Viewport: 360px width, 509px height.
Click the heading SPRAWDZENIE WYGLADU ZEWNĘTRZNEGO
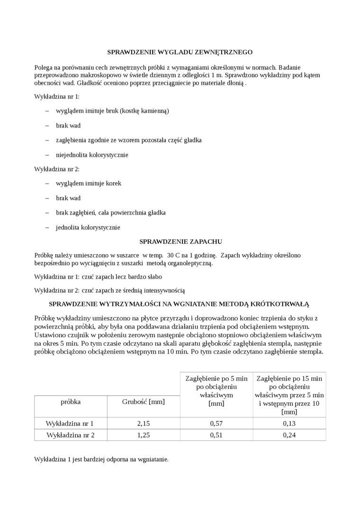click(x=180, y=52)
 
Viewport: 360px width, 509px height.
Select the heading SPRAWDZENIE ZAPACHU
click(x=180, y=241)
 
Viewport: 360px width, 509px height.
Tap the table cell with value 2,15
click(x=143, y=423)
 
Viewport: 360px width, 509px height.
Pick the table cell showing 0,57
click(x=216, y=423)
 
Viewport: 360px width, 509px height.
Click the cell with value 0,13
click(x=289, y=423)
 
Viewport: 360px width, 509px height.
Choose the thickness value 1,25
click(x=143, y=435)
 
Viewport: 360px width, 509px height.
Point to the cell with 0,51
click(x=216, y=435)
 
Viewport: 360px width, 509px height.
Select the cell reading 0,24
click(x=289, y=435)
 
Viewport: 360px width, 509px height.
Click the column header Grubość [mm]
click(x=143, y=402)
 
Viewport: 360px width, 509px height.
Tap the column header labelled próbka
click(x=71, y=402)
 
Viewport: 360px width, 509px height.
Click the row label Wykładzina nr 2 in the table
click(x=71, y=435)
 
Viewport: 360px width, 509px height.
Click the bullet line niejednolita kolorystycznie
click(x=92, y=155)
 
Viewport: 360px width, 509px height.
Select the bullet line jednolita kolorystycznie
click(x=88, y=227)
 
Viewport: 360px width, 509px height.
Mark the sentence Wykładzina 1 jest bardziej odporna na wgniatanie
click(x=101, y=459)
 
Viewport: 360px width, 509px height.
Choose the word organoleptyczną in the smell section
click(x=189, y=263)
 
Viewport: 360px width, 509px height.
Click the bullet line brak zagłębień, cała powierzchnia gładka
click(x=110, y=213)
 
